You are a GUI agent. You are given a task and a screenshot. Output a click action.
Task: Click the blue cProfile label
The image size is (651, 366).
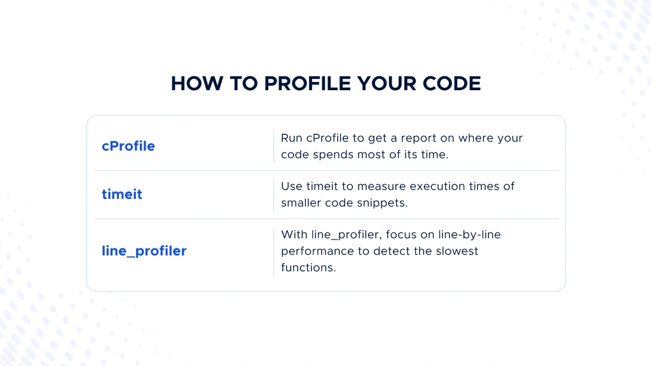pyautogui.click(x=128, y=146)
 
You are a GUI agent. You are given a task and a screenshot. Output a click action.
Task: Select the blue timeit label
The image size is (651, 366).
pyautogui.click(x=122, y=194)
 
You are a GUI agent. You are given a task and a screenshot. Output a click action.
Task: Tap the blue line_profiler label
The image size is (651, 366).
pyautogui.click(x=144, y=251)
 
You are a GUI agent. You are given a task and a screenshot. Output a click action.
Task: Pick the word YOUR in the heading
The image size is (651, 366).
pyautogui.click(x=387, y=83)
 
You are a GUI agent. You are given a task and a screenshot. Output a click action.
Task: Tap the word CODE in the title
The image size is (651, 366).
pyautogui.click(x=452, y=83)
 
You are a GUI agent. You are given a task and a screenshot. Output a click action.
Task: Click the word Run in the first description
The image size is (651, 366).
pyautogui.click(x=291, y=138)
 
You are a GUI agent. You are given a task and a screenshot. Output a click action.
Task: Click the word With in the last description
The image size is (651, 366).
pyautogui.click(x=294, y=234)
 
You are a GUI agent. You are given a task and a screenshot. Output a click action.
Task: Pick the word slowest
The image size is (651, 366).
pyautogui.click(x=456, y=251)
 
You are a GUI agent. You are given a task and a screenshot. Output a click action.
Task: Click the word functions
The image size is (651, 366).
pyautogui.click(x=308, y=268)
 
